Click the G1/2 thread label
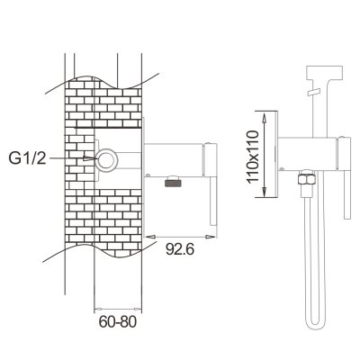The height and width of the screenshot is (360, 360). [x=27, y=158]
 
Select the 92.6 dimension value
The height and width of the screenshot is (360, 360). [x=180, y=249]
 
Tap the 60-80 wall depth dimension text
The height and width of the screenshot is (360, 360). [x=118, y=322]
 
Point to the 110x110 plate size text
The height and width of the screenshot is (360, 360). [x=252, y=157]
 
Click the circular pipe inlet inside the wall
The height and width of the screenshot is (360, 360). [x=105, y=159]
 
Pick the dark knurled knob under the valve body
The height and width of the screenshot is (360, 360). [x=174, y=182]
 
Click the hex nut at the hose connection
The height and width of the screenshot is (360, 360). [x=306, y=179]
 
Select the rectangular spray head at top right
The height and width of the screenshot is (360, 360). [x=324, y=73]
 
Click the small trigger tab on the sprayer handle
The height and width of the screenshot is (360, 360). [x=314, y=92]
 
